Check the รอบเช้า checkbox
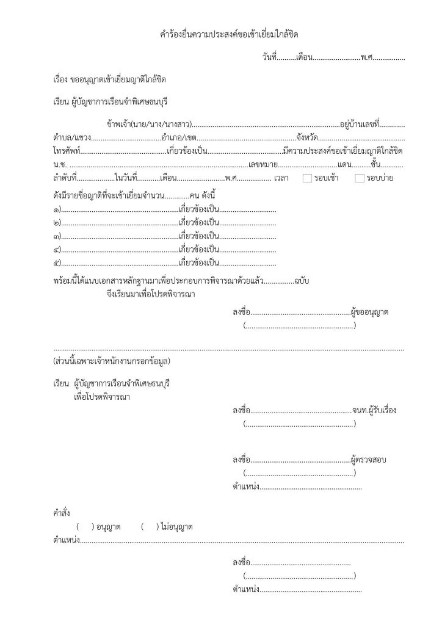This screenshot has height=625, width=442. click(307, 178)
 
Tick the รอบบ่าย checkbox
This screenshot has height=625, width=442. click(360, 178)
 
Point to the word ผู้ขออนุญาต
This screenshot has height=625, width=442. click(371, 312)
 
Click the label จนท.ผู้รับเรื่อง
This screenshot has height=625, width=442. click(374, 410)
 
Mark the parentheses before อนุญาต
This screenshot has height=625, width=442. click(84, 526)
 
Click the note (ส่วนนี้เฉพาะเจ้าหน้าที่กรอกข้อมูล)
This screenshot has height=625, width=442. click(112, 361)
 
